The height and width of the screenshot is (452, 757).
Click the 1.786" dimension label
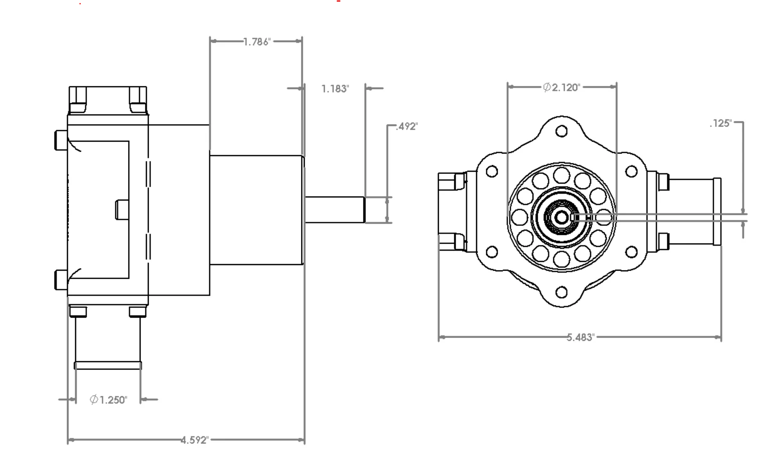[x=257, y=42]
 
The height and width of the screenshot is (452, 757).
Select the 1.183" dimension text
[x=335, y=89]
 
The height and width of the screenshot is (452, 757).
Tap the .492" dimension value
[x=407, y=126]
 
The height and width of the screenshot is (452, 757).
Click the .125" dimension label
[x=721, y=123]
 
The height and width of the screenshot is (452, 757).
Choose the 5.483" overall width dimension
[x=581, y=337]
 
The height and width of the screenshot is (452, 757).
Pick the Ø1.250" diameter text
[x=108, y=400]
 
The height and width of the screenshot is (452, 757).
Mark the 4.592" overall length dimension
[x=194, y=440]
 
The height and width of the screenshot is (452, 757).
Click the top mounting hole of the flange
[x=561, y=131]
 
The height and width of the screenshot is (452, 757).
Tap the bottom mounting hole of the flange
[x=561, y=292]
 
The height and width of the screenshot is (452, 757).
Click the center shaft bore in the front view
[x=561, y=217]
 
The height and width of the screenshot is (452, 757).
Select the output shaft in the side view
[x=335, y=210]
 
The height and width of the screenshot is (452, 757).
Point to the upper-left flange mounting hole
[x=492, y=171]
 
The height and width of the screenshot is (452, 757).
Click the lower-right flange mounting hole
[x=631, y=252]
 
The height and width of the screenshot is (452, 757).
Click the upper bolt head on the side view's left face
[x=61, y=140]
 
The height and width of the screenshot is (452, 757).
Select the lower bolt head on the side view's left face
[x=61, y=280]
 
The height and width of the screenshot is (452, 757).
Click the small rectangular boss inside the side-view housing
[x=122, y=210]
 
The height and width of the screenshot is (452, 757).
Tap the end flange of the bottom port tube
[x=108, y=365]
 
